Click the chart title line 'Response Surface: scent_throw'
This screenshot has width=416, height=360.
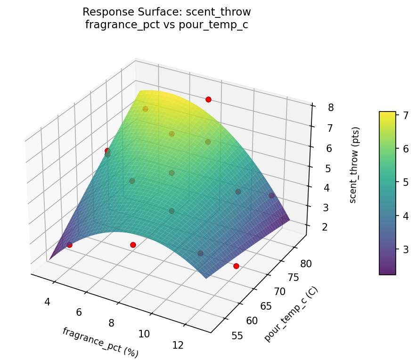tap(166, 12)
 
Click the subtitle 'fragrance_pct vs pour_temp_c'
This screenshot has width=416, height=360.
tap(166, 25)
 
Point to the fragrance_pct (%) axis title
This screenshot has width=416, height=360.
tap(100, 342)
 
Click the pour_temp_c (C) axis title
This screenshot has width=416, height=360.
tap(291, 314)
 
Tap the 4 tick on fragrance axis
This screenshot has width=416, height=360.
tap(47, 302)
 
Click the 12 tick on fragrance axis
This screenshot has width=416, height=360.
tap(178, 345)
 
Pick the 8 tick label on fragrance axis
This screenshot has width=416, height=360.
tap(111, 323)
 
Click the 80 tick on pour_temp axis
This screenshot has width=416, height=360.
tap(306, 264)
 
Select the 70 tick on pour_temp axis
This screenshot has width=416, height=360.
tap(279, 292)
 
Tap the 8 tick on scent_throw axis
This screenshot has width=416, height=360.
tap(331, 108)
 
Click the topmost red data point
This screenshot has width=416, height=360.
tap(208, 99)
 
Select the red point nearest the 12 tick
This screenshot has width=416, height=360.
tap(236, 266)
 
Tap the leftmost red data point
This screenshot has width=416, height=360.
tap(69, 245)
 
